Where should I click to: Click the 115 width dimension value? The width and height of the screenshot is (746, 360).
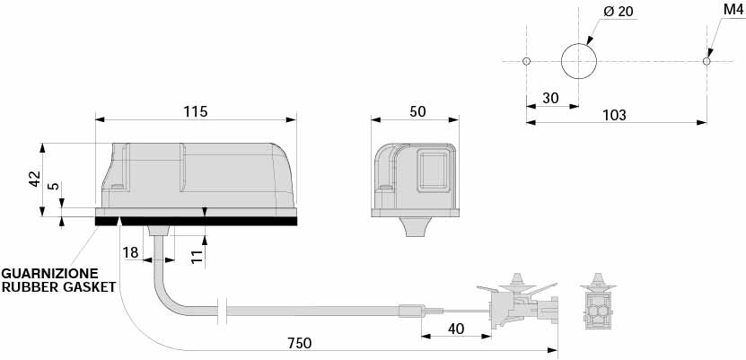(x=196, y=111)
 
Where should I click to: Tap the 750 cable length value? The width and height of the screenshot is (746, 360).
(x=300, y=343)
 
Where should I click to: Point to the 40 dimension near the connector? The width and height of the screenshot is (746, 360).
(x=456, y=329)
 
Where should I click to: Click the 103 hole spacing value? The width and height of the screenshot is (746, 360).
(x=614, y=115)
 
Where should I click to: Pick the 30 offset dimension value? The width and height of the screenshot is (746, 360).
(x=550, y=98)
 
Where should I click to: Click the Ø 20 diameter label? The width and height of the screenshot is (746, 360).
(x=619, y=12)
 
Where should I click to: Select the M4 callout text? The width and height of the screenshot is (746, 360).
(x=733, y=10)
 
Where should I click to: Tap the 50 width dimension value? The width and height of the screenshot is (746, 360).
(x=417, y=111)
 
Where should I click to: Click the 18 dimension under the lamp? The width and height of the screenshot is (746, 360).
(x=130, y=252)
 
